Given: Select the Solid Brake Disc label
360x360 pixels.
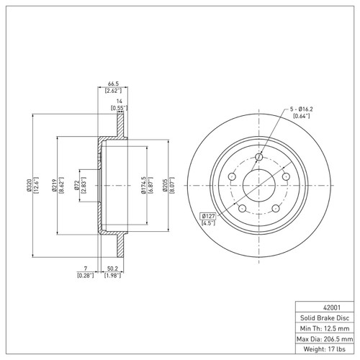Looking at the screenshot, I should pos(324,317).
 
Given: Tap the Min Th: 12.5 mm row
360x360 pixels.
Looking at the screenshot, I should pos(324,328).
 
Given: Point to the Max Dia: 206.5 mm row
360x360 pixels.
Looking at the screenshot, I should pos(324,338).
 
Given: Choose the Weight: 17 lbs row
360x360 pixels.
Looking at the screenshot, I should pos(324,349).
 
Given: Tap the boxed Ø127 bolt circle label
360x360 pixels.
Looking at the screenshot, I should pos(209,215).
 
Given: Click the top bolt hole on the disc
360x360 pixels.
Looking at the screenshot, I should pos(259,158).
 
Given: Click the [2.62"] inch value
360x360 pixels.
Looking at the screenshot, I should pos(112,91).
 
